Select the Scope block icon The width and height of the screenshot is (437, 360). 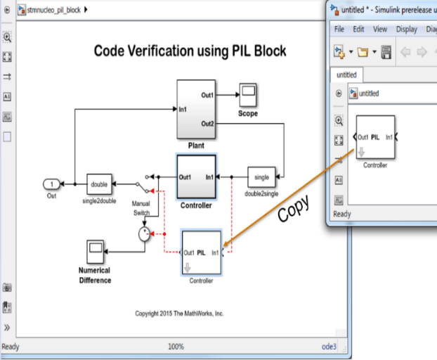[247, 94]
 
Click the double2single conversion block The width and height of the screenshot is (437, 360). [261, 176]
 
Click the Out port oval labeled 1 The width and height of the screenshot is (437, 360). [52, 184]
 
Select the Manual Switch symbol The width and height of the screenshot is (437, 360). [147, 184]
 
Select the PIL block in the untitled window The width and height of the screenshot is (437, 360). [374, 137]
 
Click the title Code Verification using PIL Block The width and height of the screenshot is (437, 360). [190, 51]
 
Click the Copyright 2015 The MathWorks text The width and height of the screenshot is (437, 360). [179, 314]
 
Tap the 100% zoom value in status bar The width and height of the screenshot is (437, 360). [176, 347]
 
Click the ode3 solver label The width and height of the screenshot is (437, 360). [329, 347]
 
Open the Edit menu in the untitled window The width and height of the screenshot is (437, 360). [358, 30]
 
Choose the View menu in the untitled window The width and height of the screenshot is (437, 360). [380, 30]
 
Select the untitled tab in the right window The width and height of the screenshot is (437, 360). [346, 75]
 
